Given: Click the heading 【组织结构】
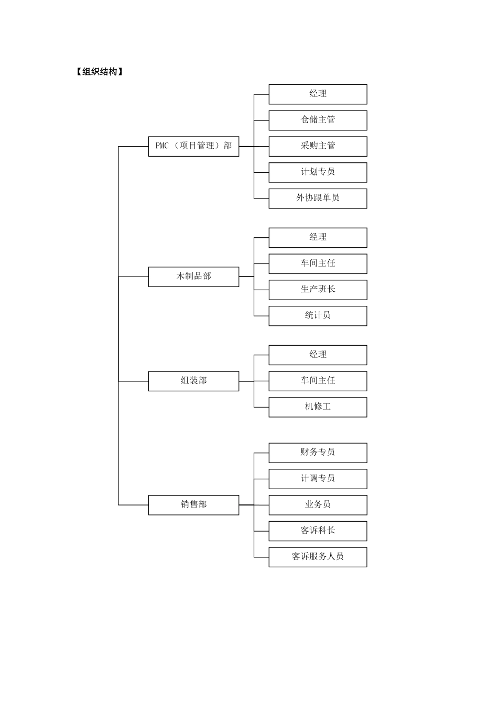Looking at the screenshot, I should [99, 72].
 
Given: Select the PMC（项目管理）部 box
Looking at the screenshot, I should [193, 146].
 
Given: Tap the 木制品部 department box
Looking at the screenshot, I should [193, 277].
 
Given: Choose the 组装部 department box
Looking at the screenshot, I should [193, 381].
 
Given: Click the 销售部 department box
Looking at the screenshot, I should [193, 505].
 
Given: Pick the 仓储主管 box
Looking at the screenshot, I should [318, 120].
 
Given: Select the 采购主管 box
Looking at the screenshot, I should [318, 146].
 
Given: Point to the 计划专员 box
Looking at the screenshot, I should [318, 172].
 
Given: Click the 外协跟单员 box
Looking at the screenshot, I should [318, 198].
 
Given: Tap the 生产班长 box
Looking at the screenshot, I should [318, 290].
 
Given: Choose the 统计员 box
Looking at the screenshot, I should [318, 316].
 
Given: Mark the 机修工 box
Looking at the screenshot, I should [318, 407].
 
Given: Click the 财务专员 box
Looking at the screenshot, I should [318, 453].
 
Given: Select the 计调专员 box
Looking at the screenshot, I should [318, 479].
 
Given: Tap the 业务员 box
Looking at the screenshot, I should [318, 505].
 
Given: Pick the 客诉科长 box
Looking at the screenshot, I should [318, 531].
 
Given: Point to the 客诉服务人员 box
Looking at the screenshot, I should [318, 557].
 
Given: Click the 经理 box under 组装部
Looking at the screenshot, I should [318, 355].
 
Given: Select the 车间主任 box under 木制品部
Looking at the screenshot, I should [318, 263].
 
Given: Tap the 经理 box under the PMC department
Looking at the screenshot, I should [318, 94].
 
